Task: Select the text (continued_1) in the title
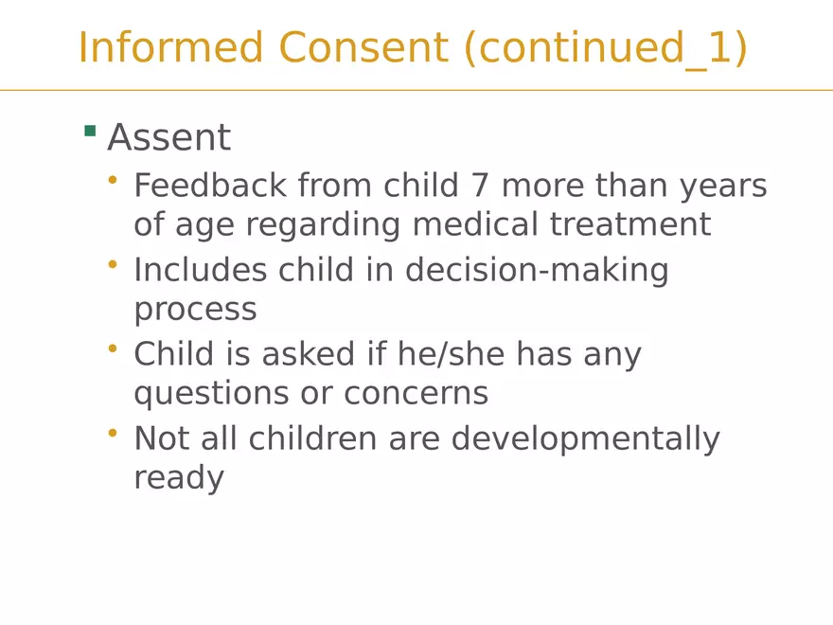(x=606, y=48)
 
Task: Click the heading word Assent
(x=168, y=138)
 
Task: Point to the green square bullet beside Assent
(x=90, y=131)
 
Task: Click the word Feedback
(x=210, y=186)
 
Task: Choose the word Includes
(x=200, y=270)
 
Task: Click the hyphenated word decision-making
(x=537, y=272)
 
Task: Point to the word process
(x=195, y=311)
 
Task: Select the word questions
(x=221, y=394)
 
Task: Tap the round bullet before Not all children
(x=114, y=433)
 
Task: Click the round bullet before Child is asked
(x=114, y=348)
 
